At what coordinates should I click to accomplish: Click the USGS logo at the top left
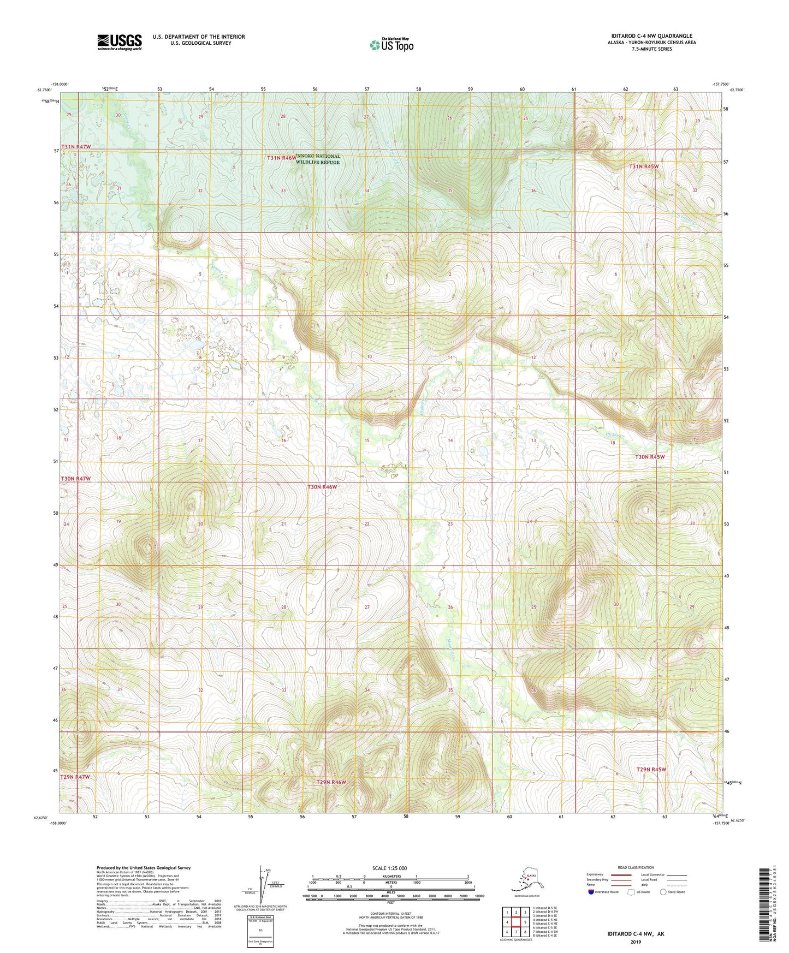pos(120,42)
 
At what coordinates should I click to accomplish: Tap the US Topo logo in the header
pos(391,44)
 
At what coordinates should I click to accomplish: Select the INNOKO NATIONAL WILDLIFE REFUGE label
pos(318,159)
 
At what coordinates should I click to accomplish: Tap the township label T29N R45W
pos(651,770)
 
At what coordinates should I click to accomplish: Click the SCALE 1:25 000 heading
pos(390,868)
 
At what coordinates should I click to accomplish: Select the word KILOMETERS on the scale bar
pos(390,877)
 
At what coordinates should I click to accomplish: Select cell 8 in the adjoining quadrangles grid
pos(525,932)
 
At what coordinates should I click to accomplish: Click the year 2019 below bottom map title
pos(636,942)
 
